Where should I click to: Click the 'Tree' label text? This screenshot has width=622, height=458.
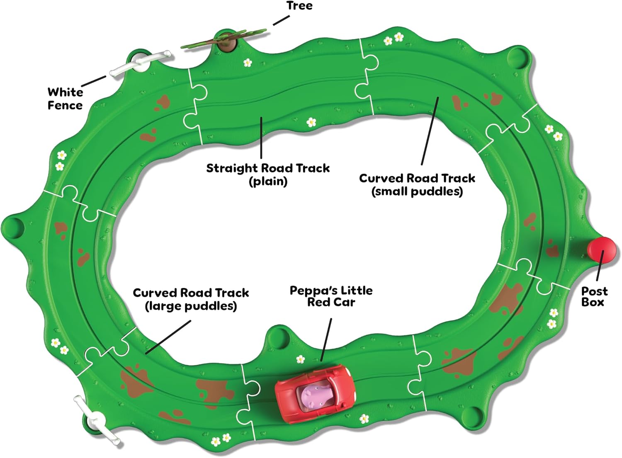pyautogui.click(x=299, y=6)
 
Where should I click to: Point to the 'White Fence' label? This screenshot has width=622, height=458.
pyautogui.click(x=65, y=98)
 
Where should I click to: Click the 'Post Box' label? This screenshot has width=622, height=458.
pyautogui.click(x=594, y=296)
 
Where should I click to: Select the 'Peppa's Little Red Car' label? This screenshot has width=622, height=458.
pyautogui.click(x=331, y=296)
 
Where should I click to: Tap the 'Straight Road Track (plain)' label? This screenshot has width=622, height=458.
pyautogui.click(x=268, y=174)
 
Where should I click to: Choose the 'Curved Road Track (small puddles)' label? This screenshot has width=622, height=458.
pyautogui.click(x=417, y=184)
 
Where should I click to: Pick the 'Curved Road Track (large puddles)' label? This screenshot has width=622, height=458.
pyautogui.click(x=191, y=299)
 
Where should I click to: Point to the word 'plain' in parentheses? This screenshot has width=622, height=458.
pyautogui.click(x=268, y=181)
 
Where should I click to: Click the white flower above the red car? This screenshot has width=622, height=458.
pyautogui.click(x=300, y=359)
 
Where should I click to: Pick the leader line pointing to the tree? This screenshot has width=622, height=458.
pyautogui.click(x=281, y=20)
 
